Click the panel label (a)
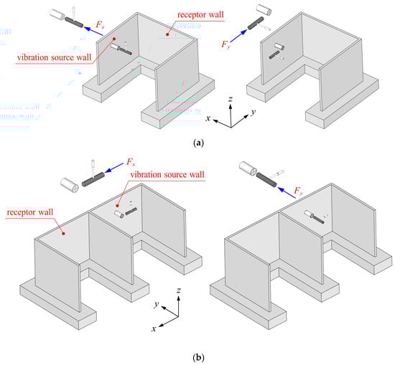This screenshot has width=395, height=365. click(198, 143)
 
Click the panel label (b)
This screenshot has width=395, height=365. click(198, 357)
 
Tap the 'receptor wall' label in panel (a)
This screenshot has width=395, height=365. click(200, 15)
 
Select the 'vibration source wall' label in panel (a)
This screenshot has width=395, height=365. click(54, 57)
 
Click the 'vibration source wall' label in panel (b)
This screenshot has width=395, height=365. click(167, 174)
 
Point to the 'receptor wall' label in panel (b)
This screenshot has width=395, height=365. click(30, 212)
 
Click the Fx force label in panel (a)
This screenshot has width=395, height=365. click(100, 24)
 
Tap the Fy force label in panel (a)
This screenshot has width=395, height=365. click(226, 44)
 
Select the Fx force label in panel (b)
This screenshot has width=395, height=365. click(131, 162)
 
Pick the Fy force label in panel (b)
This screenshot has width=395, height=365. click(299, 191)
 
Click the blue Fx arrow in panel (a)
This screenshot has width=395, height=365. click(93, 31)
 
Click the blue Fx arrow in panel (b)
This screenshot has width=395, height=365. click(114, 168)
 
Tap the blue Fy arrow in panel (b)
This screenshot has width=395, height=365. click(287, 193)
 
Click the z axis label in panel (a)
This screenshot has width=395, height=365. click(231, 99)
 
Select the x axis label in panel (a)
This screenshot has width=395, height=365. click(208, 118)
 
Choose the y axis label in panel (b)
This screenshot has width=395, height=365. click(157, 304)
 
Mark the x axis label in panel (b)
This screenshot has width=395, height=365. click(154, 328)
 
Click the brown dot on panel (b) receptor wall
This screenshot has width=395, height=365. click(63, 234)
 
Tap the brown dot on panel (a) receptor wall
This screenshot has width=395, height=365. click(167, 34)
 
